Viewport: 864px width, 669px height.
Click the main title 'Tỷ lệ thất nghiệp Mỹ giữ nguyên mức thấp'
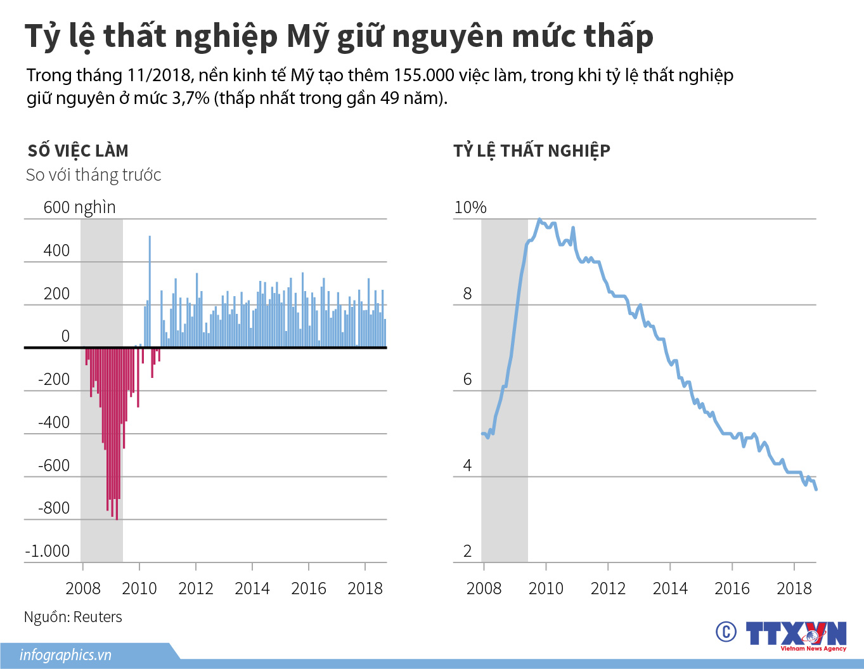point(339,37)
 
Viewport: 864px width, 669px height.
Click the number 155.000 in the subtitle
point(423,75)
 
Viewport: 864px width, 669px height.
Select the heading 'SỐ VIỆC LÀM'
point(78,151)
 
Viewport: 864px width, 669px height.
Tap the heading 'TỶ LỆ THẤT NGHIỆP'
point(531,151)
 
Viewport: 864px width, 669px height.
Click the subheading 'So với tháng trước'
point(93,175)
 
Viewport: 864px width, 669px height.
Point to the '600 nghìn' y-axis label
point(79,207)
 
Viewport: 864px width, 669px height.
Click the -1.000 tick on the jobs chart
point(47,551)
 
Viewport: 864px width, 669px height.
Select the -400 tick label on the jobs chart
point(54,422)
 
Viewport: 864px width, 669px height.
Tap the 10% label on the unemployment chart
point(470,207)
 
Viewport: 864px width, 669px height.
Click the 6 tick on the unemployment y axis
point(467,379)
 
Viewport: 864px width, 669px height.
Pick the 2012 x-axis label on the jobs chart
point(195,588)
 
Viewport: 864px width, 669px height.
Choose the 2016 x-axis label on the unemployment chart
point(732,588)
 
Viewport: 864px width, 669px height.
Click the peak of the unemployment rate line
point(539,220)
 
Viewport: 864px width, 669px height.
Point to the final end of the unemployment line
point(816,489)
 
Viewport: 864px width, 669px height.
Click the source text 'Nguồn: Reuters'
point(73,617)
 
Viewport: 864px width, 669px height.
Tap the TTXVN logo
point(796,634)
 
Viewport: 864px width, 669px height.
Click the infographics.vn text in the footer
point(65,655)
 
